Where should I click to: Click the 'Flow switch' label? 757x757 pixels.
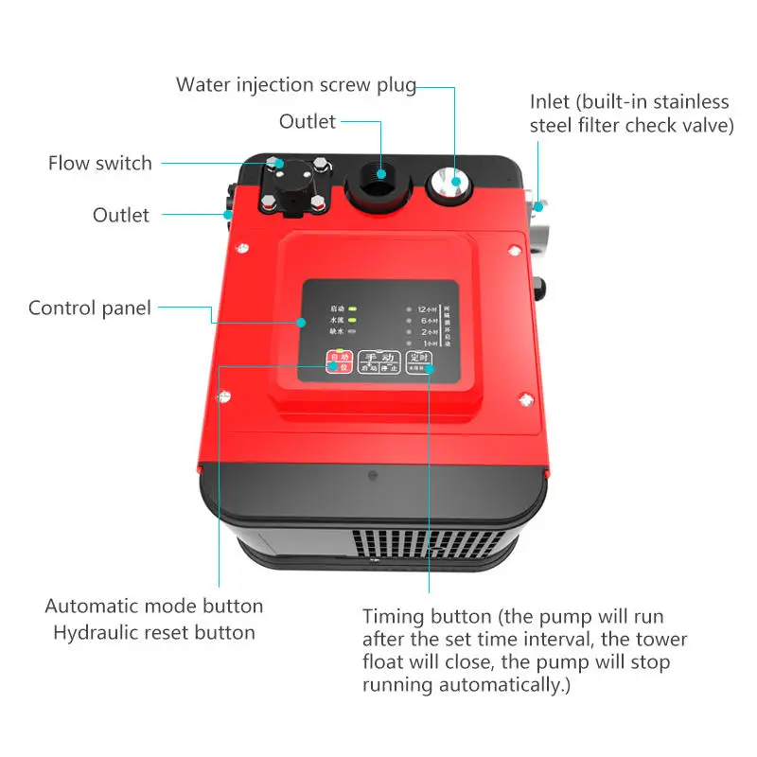[99, 163]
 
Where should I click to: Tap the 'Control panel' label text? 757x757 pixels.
[89, 308]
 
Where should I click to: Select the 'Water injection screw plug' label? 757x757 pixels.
[295, 84]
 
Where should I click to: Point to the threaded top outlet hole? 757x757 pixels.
[380, 175]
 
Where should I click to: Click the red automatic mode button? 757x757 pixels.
[337, 362]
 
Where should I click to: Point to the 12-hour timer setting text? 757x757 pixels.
[425, 309]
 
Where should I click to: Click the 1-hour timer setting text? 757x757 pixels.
[426, 343]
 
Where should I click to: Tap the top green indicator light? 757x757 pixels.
[352, 308]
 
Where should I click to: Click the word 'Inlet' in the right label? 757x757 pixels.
[551, 101]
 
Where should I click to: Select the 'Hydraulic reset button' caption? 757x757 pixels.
[153, 632]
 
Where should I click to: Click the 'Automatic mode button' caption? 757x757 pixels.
[153, 606]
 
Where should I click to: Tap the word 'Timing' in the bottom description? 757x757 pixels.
[396, 615]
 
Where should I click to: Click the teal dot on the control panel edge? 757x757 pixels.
[302, 322]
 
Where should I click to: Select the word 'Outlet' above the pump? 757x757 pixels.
[307, 121]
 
